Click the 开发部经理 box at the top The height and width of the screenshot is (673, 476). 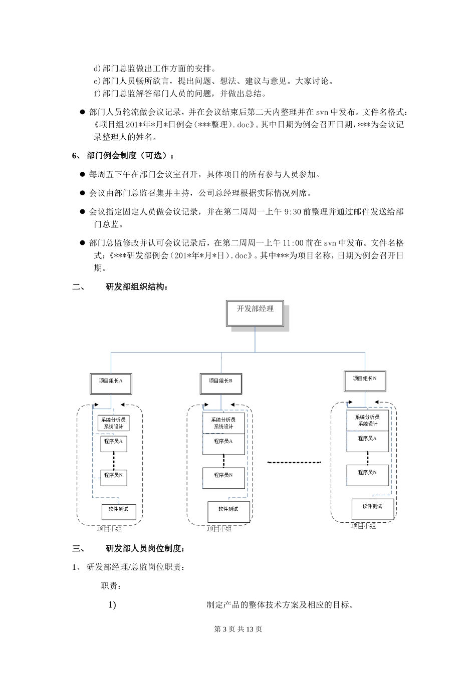255,312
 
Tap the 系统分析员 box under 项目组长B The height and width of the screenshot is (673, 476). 223,423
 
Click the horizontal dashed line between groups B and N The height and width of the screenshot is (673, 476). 294,462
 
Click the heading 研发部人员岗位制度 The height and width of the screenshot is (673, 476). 145,548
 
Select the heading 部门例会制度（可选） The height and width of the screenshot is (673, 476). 130,156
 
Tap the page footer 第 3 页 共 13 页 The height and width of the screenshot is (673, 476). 238,629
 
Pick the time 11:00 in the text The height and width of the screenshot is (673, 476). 293,243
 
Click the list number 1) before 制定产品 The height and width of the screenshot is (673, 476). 112,605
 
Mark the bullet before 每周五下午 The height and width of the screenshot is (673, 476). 83,174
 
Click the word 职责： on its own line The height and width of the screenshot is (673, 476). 111,586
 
